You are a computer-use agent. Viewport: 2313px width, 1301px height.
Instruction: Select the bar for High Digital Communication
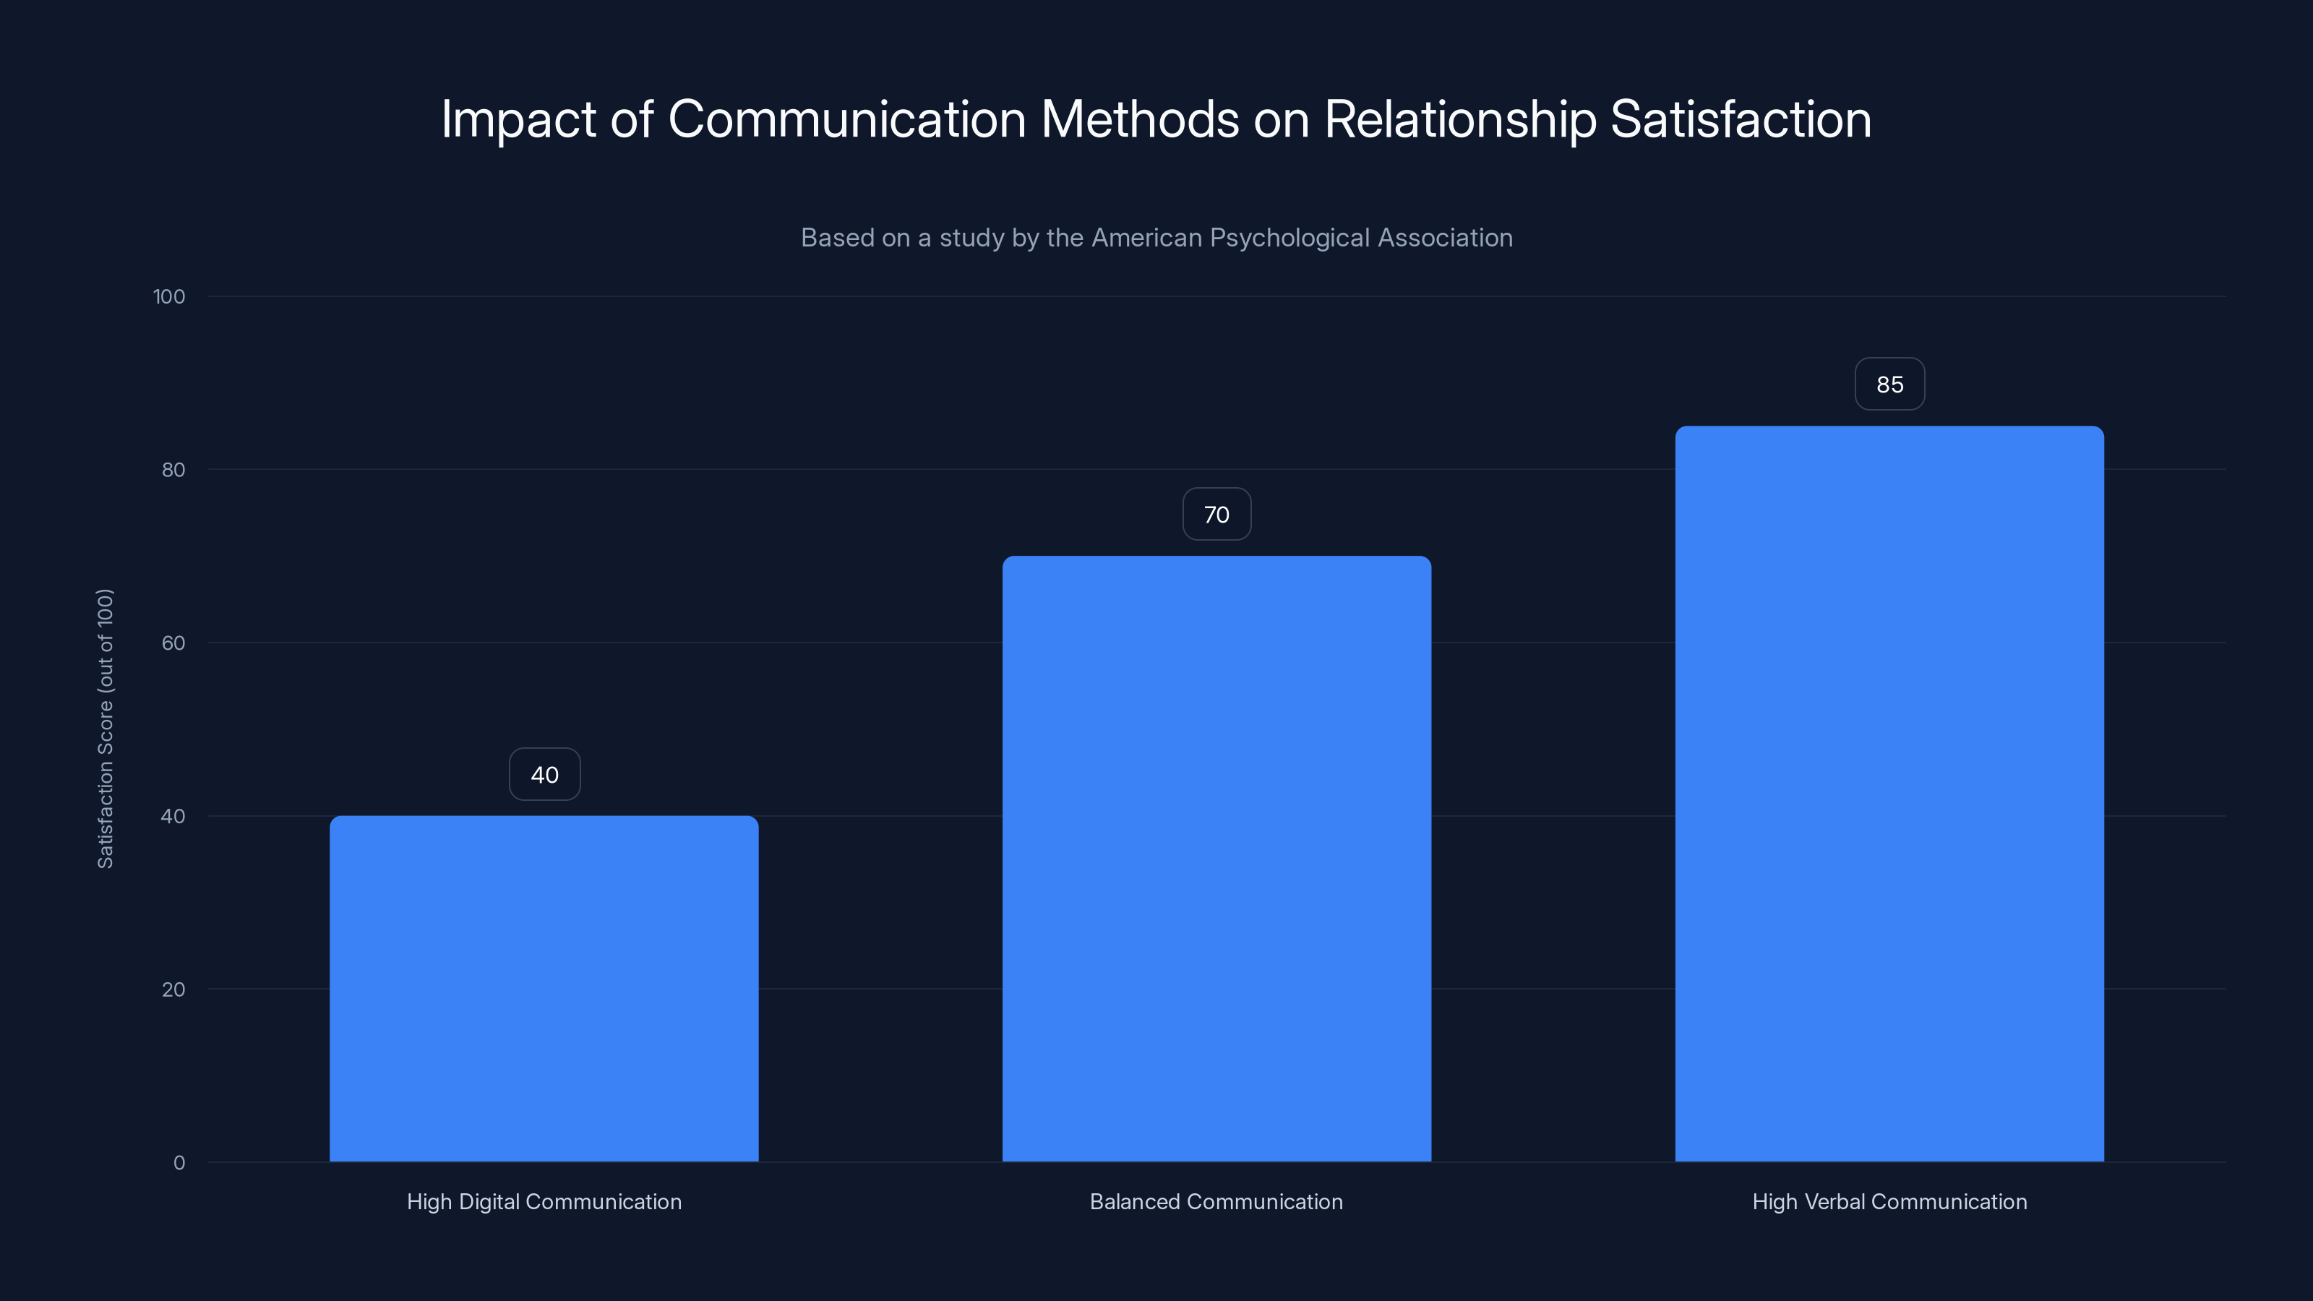tap(544, 987)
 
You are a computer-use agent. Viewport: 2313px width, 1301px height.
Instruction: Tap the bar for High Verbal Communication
tap(1889, 794)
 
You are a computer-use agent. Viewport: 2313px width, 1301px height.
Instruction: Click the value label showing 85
tap(1889, 385)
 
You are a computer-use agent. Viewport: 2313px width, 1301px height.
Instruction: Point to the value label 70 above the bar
tap(1216, 515)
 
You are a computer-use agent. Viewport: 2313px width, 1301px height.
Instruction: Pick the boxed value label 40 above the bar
tap(544, 775)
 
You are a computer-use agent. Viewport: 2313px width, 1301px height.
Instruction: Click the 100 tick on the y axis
tap(169, 297)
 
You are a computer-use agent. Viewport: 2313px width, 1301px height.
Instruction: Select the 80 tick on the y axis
tap(173, 471)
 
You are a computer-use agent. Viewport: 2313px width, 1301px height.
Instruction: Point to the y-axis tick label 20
tap(173, 989)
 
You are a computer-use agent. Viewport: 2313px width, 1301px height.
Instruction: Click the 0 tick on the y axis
tap(179, 1163)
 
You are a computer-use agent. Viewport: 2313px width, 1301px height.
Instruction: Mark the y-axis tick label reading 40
tap(173, 817)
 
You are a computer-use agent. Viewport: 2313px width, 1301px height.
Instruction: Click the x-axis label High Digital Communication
tap(544, 1201)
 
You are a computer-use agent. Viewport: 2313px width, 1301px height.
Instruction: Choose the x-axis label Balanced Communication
tap(1216, 1201)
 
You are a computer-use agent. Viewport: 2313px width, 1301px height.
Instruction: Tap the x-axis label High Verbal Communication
tap(1889, 1201)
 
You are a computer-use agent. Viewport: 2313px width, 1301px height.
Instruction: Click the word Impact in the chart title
tap(518, 119)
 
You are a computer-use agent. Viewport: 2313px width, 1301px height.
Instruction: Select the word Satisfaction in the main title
tap(1740, 119)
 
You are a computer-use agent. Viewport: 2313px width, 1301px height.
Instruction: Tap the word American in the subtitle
tap(1146, 238)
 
